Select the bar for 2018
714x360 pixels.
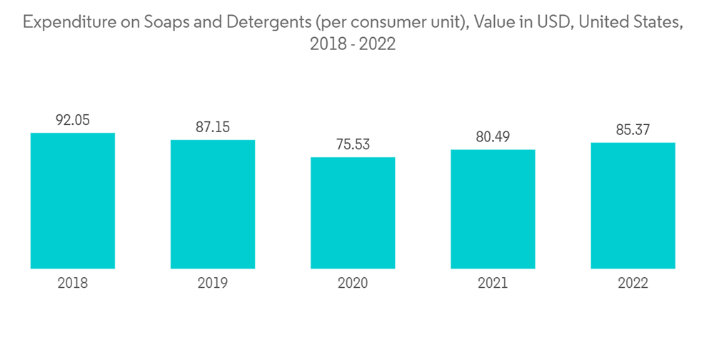[73, 201]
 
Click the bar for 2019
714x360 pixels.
[213, 204]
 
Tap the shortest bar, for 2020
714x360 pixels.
[353, 213]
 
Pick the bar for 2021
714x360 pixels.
[493, 209]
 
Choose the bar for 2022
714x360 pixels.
[633, 206]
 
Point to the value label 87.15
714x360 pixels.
[213, 127]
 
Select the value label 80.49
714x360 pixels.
[493, 137]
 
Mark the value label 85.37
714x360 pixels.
[633, 130]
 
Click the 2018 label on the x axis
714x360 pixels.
[73, 284]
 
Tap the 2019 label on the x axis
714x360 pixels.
[213, 284]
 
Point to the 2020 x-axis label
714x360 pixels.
[353, 284]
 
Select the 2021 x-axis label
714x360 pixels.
[493, 284]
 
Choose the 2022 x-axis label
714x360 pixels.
[633, 284]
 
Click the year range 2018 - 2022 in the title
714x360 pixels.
[353, 44]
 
